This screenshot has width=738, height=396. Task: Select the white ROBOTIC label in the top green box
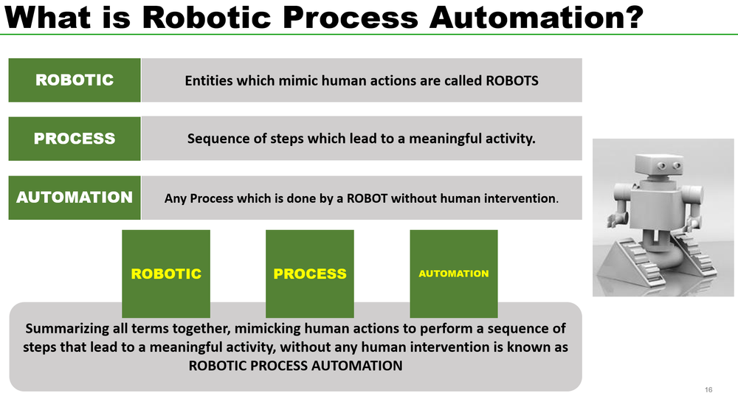point(75,80)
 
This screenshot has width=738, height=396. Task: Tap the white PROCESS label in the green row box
point(75,139)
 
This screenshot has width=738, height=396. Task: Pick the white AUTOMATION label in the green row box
point(75,198)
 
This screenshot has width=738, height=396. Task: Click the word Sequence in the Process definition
point(215,139)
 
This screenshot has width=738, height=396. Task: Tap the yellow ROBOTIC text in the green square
point(166,274)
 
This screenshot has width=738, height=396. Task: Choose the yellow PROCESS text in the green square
point(310,274)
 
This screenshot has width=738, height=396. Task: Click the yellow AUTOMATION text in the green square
point(454,274)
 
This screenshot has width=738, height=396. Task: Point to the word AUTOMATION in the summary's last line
point(359,365)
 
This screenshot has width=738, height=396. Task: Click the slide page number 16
point(708,389)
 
